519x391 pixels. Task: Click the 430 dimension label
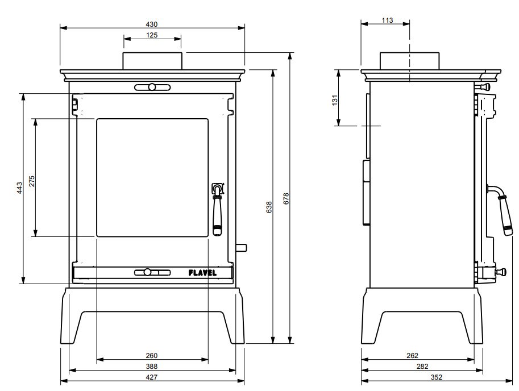coord(152,24)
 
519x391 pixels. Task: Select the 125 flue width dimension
coord(152,35)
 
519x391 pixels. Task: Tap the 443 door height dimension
coord(20,188)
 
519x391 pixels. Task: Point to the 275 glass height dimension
coord(32,181)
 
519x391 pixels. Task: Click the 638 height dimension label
coord(269,207)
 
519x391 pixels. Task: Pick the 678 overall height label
coord(287,198)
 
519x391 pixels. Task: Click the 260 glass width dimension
coord(152,356)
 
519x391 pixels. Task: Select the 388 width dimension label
coord(152,366)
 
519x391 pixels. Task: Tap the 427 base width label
coord(152,377)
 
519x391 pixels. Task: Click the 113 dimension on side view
coord(387,20)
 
